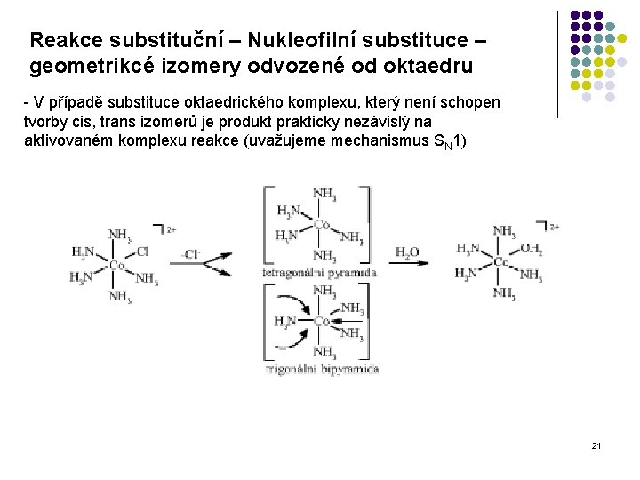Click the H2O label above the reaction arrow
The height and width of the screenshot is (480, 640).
click(407, 252)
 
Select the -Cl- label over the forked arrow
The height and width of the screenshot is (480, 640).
click(189, 254)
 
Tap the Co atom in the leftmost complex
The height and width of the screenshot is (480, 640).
click(116, 264)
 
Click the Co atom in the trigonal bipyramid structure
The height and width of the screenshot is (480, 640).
click(322, 321)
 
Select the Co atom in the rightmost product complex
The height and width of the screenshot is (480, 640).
click(501, 261)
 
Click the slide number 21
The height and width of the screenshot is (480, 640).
click(596, 444)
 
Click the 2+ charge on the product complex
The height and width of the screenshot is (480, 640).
click(554, 228)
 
